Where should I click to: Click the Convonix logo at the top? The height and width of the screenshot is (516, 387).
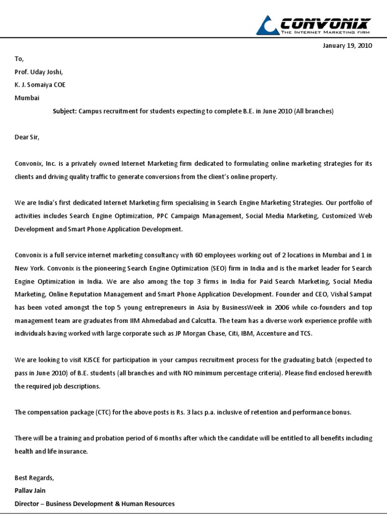[313, 24]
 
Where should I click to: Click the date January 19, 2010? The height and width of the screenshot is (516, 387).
[347, 45]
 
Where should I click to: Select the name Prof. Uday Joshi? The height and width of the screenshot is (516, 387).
[39, 72]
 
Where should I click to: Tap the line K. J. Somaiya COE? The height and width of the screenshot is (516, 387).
[40, 85]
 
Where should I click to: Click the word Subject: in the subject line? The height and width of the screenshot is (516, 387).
[64, 111]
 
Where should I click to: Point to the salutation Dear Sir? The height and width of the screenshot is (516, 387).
[27, 137]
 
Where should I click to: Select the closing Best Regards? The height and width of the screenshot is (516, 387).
[34, 478]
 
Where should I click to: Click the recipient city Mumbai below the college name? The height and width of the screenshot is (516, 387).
[27, 98]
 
